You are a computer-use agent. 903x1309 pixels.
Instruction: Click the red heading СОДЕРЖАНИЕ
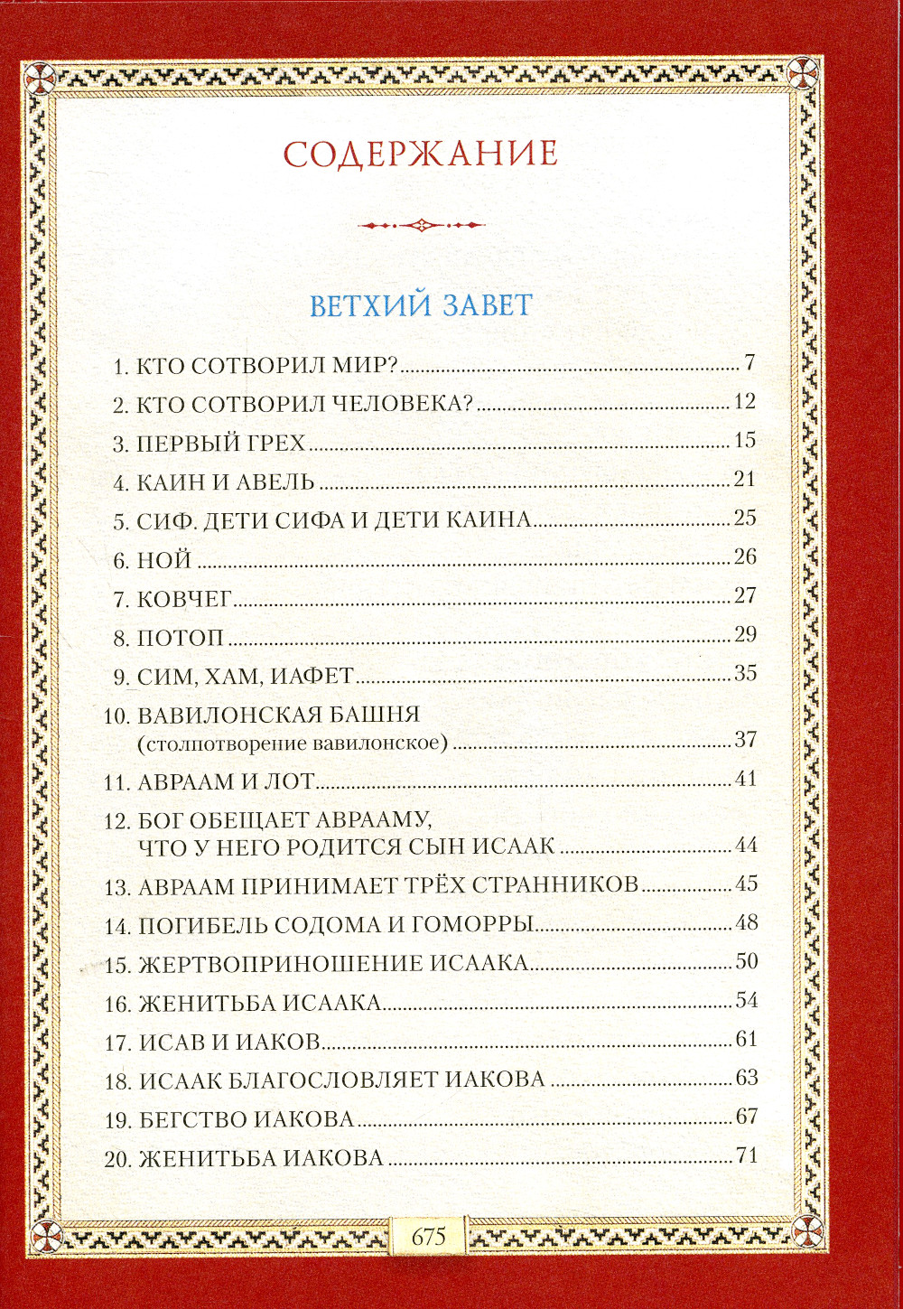coord(421,154)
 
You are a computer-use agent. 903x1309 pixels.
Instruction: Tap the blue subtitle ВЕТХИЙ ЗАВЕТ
coord(421,305)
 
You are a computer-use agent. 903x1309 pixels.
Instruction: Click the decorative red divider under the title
coord(421,225)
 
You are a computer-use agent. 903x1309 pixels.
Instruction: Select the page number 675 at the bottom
coord(428,1236)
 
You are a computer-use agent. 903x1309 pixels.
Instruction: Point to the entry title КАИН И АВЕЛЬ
coord(225,482)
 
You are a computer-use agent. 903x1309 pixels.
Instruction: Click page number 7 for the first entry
coord(749,363)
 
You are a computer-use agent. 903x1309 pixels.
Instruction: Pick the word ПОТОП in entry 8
coord(180,638)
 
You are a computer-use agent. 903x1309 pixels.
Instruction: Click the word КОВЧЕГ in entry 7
coord(184,599)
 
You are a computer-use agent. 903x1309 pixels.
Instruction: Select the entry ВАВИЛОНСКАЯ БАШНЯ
coord(278,715)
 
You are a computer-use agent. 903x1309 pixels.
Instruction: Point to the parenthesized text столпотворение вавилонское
coord(293,743)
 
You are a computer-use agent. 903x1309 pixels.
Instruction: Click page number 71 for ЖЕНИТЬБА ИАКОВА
coord(746,1155)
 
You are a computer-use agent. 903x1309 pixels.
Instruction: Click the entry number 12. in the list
coord(117,821)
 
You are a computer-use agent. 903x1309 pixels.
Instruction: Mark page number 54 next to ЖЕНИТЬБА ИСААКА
coord(746,1000)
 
